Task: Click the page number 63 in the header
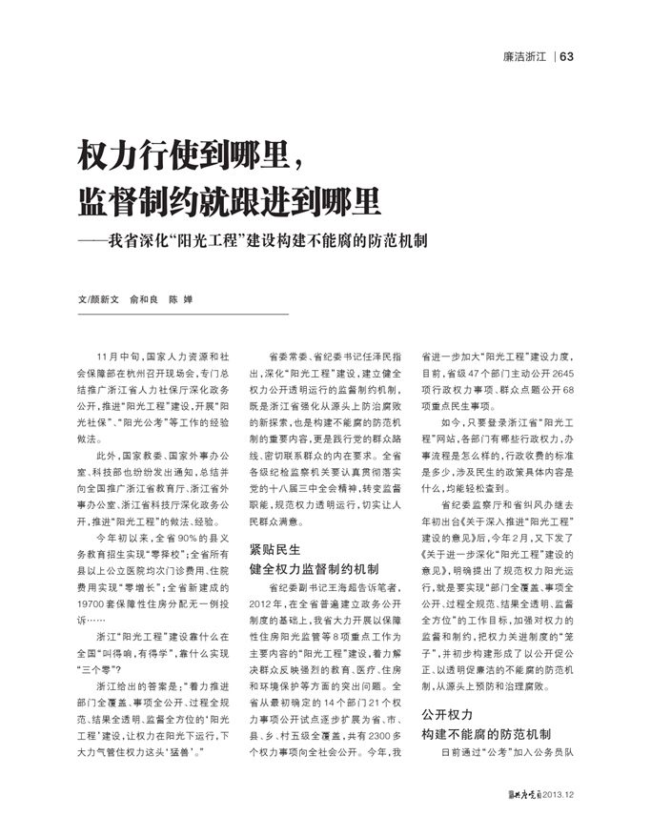click(x=566, y=57)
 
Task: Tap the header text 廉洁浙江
click(x=524, y=57)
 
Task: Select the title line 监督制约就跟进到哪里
click(x=229, y=200)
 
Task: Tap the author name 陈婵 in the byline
click(x=180, y=298)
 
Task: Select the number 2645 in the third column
click(x=559, y=373)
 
